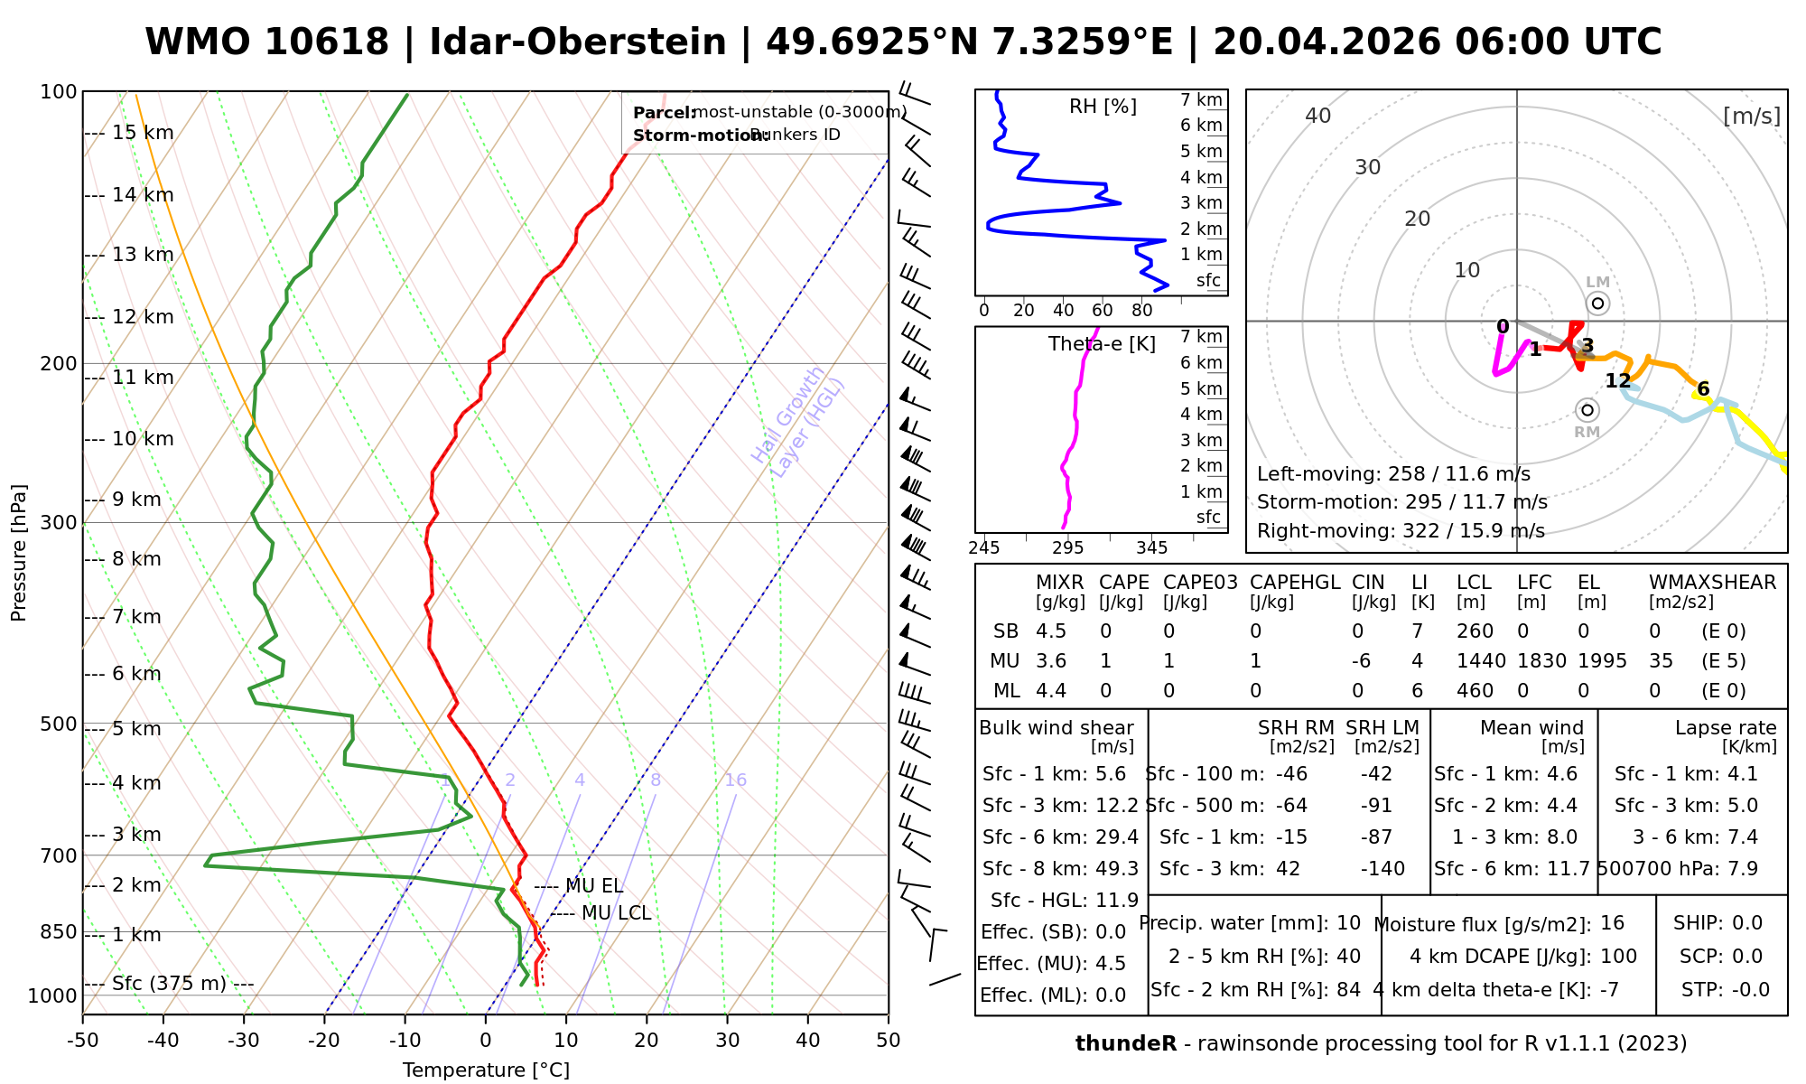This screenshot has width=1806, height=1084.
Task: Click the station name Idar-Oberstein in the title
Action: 578,42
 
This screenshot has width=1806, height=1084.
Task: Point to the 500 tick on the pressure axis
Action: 59,724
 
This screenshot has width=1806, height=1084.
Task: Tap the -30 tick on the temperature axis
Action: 244,1041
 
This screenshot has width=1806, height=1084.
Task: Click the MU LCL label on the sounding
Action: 616,913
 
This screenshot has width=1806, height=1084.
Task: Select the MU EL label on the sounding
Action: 594,887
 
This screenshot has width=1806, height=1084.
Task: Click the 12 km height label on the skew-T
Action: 143,317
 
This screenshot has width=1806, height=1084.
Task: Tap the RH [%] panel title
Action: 1103,107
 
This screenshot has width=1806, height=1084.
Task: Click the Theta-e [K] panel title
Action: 1102,344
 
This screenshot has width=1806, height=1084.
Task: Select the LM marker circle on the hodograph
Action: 1597,304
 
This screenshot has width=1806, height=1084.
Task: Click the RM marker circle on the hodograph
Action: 1587,411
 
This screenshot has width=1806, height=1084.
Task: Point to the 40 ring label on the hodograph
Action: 1318,116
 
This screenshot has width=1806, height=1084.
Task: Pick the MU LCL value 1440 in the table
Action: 1481,661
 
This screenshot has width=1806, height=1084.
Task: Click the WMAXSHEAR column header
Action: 1712,583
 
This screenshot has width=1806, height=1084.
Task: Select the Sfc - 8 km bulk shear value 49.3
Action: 1120,869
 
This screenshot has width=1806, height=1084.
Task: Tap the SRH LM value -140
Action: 1382,869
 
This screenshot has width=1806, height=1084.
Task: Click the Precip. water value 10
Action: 1348,923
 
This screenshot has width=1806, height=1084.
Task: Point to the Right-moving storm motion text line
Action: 1401,531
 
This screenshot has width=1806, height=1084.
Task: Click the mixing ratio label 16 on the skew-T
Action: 736,780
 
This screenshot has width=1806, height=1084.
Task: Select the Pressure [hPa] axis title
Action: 19,553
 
